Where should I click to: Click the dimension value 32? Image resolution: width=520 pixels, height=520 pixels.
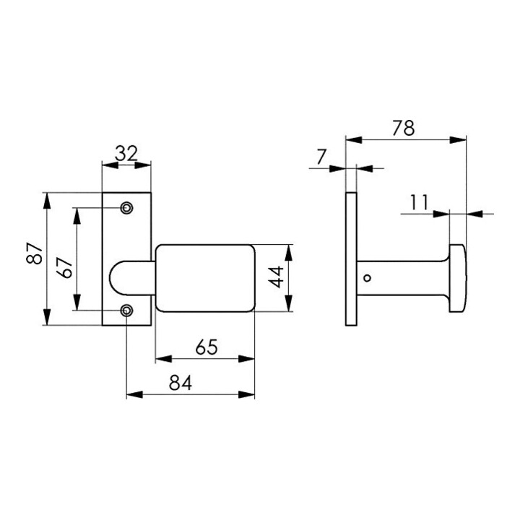(x=126, y=154)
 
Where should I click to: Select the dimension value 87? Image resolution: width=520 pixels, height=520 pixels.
(x=34, y=253)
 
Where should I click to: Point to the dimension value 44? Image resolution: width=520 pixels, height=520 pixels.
(x=276, y=277)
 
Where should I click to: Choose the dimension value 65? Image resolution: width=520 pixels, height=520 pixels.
(x=207, y=347)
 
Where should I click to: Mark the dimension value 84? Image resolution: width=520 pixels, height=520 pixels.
(x=181, y=383)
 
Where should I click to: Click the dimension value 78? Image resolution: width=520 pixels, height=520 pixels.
(x=403, y=129)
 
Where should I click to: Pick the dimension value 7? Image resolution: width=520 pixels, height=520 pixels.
(x=321, y=157)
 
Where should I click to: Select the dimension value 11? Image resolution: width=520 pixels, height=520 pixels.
(x=420, y=202)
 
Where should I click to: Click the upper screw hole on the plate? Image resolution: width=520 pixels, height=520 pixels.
(x=126, y=208)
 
